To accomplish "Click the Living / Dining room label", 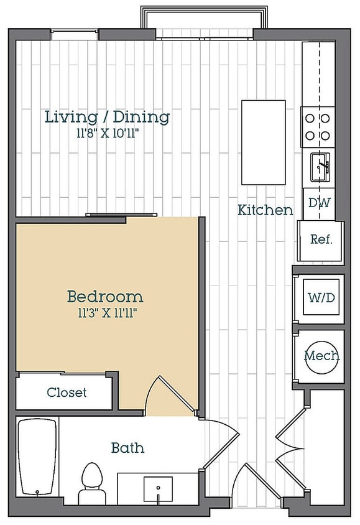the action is pos(107,117).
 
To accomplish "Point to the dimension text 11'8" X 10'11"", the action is pos(107,134).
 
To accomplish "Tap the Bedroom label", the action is pos(105,296).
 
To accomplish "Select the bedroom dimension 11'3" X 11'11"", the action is pos(107,313).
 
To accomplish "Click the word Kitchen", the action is pos(265,210).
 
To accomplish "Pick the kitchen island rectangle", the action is pos(264,142).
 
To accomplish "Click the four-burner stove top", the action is pos(318,127).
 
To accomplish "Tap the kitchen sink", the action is pos(320,167).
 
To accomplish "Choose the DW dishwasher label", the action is pos(319,203).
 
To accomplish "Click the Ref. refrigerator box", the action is pos(321,240).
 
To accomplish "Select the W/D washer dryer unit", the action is pos(321,297).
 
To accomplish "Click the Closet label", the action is pos(67,392).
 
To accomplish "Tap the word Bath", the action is pos(128,448).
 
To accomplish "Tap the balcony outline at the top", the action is pos(204,7).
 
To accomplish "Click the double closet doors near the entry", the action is pos(290,448).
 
